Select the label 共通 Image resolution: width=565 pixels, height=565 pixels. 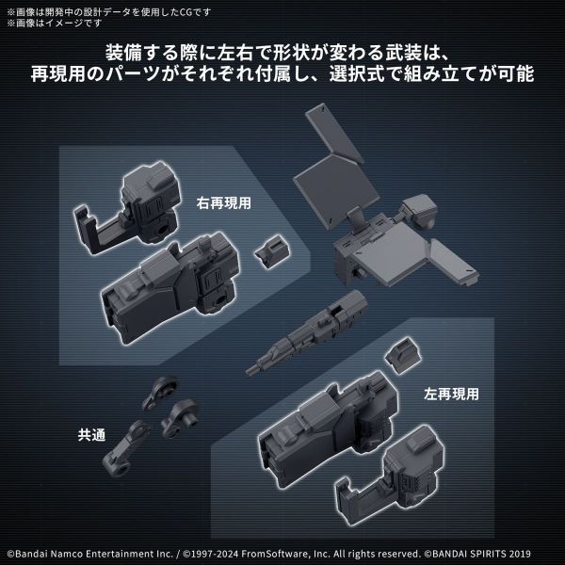tap(92, 435)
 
